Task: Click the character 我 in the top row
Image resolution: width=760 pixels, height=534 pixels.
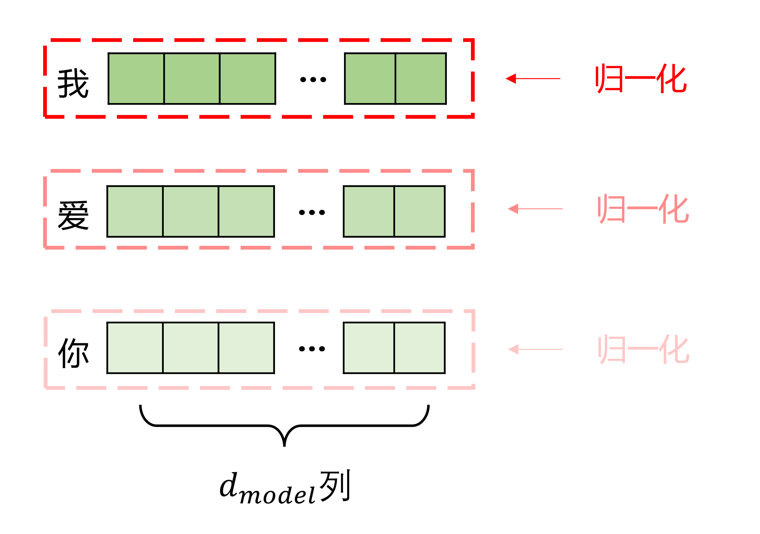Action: coord(73,83)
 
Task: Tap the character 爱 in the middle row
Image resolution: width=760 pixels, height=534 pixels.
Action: coord(73,215)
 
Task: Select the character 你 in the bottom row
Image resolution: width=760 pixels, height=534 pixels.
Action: coord(73,353)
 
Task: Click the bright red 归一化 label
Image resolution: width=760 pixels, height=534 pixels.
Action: coord(641,79)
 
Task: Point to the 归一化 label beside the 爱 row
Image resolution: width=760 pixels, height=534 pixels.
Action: coord(643,209)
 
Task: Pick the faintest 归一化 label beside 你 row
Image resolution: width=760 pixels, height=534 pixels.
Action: coord(643,349)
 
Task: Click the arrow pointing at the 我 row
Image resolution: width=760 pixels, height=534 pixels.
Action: coord(532,79)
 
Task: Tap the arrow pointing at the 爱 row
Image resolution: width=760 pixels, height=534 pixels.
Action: coord(535,209)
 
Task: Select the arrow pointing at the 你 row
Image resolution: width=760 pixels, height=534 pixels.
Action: coord(535,349)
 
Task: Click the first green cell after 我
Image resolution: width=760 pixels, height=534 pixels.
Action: coord(136,79)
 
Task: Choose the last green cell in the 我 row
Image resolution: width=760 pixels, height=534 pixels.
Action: coord(421,79)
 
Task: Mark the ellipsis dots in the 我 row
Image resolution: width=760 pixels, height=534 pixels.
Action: coord(313,79)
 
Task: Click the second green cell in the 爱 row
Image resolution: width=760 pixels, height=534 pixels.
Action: coord(191,211)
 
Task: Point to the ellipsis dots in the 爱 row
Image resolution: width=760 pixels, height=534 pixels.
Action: coord(312,212)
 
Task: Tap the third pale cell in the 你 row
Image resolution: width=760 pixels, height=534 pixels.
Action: coord(246,348)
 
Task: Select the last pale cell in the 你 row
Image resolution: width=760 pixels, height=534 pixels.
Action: coord(419,348)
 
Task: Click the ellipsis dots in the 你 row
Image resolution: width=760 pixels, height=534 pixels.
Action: coord(312,349)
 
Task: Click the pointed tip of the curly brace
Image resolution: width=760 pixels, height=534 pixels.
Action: coord(284,445)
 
